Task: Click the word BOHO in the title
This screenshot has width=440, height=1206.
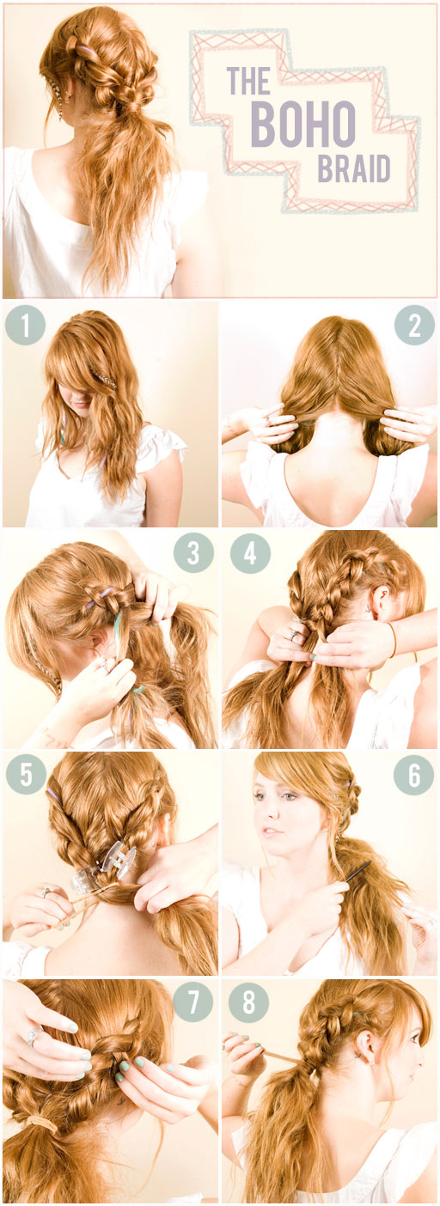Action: [x=302, y=123]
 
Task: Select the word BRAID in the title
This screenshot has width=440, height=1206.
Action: [x=352, y=169]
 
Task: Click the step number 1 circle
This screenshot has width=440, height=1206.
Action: [x=25, y=326]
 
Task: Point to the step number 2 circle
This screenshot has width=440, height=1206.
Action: [x=414, y=326]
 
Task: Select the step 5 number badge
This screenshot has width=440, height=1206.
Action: [x=25, y=774]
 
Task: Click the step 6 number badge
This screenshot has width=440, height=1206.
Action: [x=414, y=774]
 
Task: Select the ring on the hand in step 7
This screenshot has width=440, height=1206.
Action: [x=32, y=1037]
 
